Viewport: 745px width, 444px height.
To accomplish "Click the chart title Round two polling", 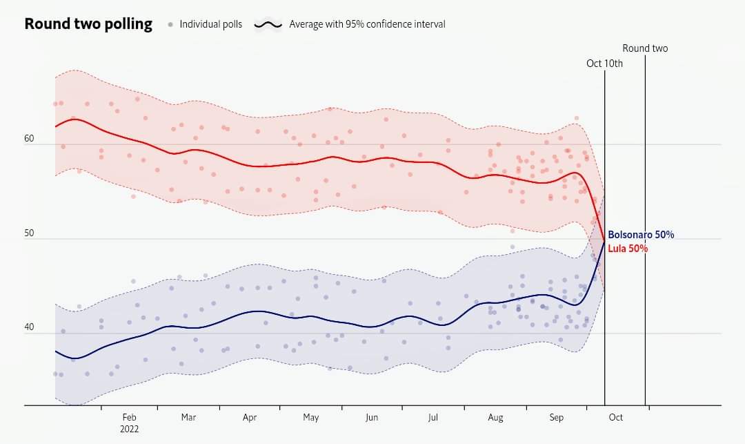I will pyautogui.click(x=88, y=24).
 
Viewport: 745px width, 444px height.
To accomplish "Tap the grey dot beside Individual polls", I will pyautogui.click(x=170, y=25).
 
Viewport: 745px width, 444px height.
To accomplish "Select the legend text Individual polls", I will pyautogui.click(x=210, y=24).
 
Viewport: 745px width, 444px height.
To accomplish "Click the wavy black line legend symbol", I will pyautogui.click(x=268, y=25).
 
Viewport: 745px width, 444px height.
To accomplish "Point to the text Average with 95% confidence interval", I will pyautogui.click(x=367, y=24).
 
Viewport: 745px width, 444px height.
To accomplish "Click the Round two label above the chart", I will pyautogui.click(x=645, y=48).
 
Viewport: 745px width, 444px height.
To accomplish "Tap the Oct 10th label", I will pyautogui.click(x=604, y=64).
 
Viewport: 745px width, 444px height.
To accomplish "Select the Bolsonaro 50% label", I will pyautogui.click(x=641, y=235).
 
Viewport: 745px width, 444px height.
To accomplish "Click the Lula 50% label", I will pyautogui.click(x=628, y=248).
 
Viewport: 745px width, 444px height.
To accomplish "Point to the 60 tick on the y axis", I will pyautogui.click(x=29, y=139).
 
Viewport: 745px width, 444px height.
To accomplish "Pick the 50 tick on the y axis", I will pyautogui.click(x=29, y=233).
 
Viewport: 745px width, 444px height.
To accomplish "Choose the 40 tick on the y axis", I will pyautogui.click(x=29, y=328).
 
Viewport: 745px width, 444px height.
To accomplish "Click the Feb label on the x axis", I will pyautogui.click(x=129, y=417).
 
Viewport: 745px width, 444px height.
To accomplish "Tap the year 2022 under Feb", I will pyautogui.click(x=129, y=428).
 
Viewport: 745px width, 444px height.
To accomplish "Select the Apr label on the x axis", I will pyautogui.click(x=250, y=417).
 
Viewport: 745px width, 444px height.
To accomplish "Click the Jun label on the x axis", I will pyautogui.click(x=372, y=417).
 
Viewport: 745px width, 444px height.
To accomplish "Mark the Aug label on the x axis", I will pyautogui.click(x=495, y=417).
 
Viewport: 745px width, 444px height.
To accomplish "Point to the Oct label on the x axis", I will pyautogui.click(x=615, y=417).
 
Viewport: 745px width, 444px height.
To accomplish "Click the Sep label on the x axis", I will pyautogui.click(x=557, y=417).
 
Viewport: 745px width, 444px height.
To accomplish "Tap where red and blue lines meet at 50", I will pyautogui.click(x=604, y=240).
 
